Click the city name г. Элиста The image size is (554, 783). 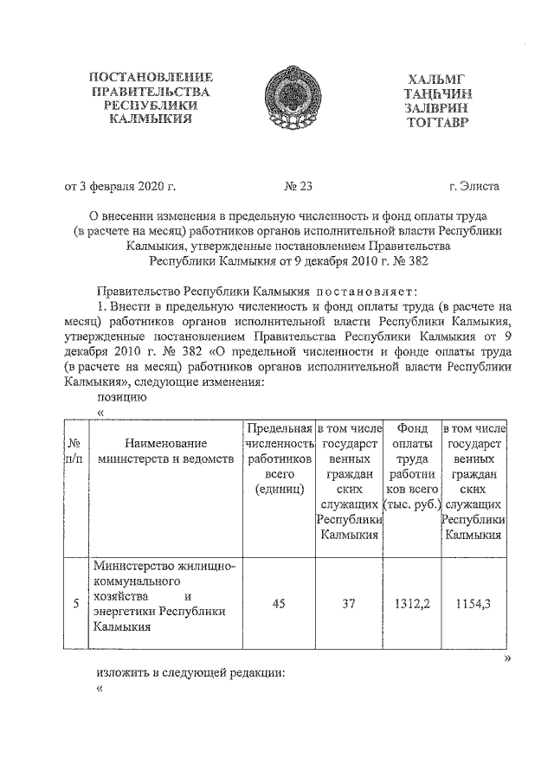coord(473,184)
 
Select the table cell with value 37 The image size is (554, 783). coord(348,604)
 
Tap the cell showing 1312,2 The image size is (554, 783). coord(411,604)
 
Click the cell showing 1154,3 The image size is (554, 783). coord(473,604)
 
